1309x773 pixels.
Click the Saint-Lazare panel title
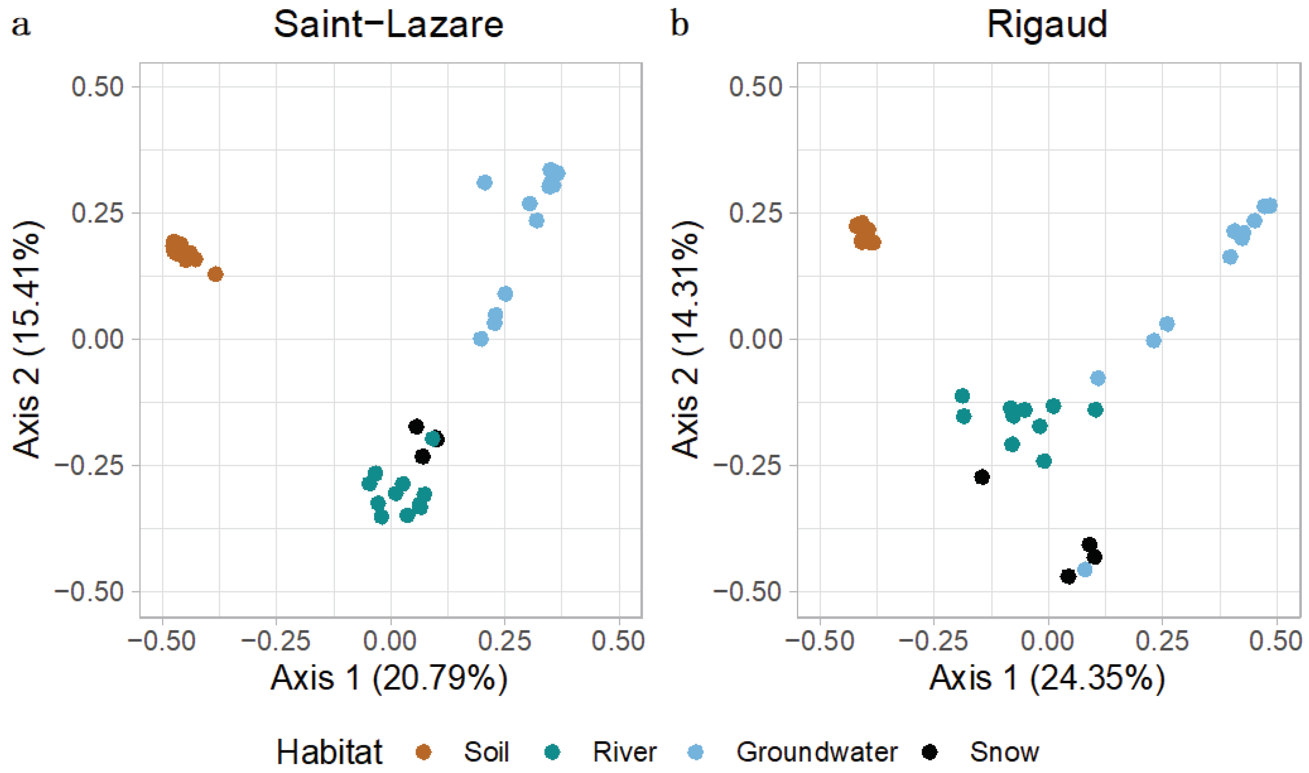[x=388, y=24]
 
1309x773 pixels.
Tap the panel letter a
[x=21, y=24]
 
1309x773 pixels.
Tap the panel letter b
[x=679, y=24]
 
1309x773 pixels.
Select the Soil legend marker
[x=423, y=752]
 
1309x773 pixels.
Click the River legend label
[x=624, y=752]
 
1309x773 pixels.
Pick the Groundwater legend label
[x=817, y=752]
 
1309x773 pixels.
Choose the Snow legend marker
[x=929, y=752]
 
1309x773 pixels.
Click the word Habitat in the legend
[x=329, y=752]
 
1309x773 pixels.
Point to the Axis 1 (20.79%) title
[x=388, y=678]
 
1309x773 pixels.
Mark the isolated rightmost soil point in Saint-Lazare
[x=215, y=274]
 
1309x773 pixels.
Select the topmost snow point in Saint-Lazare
[x=416, y=427]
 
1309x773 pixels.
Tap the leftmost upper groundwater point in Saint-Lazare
[x=485, y=183]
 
